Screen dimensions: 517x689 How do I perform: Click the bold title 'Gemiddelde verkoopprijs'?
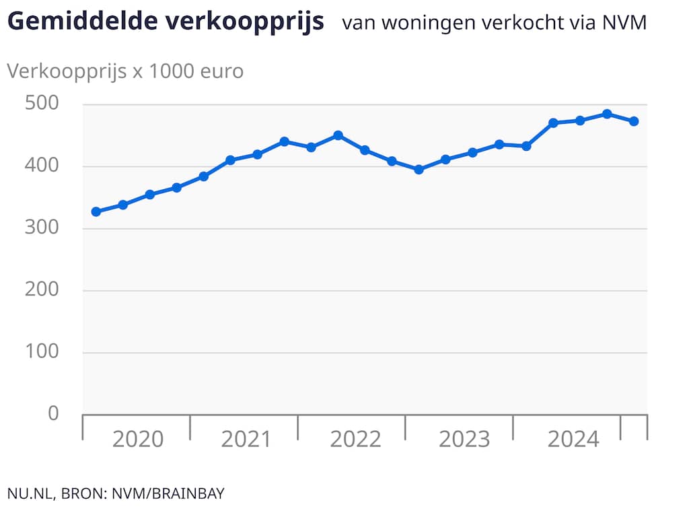(x=166, y=22)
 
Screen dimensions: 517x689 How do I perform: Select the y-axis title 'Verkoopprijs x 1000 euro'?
(x=125, y=71)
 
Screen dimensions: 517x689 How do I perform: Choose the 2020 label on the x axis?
(x=137, y=440)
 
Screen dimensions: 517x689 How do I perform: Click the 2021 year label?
(x=246, y=440)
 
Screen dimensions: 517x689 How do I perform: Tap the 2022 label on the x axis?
(x=355, y=440)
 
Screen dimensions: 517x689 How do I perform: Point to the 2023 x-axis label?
(x=464, y=440)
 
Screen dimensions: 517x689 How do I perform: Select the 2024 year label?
(x=573, y=440)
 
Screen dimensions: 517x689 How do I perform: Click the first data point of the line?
(x=96, y=211)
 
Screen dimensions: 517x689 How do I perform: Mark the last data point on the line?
(x=634, y=121)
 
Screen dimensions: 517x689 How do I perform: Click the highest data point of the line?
(x=607, y=114)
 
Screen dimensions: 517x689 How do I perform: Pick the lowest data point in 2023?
(x=419, y=170)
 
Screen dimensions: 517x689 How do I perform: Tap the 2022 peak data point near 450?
(x=338, y=135)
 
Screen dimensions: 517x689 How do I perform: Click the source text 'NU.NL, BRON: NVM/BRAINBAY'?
(x=116, y=493)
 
